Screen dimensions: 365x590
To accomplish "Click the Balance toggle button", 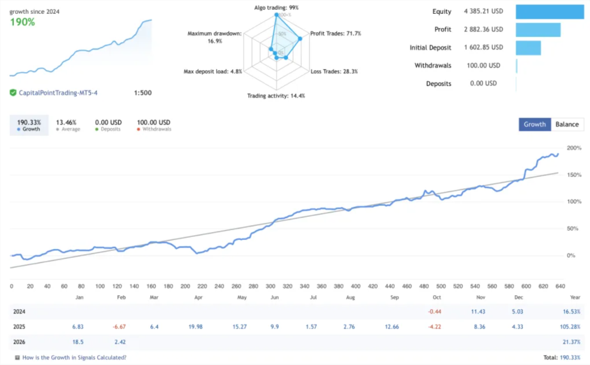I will tap(567, 125).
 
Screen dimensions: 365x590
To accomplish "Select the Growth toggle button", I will tap(535, 125).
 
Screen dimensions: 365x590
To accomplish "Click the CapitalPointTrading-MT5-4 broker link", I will tap(58, 92).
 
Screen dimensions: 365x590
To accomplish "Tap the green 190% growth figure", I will tap(22, 22).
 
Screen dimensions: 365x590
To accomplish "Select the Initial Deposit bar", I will tap(528, 48).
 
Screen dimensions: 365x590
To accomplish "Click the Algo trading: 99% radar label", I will tap(277, 7).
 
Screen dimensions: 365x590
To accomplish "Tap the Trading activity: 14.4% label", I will tap(276, 96).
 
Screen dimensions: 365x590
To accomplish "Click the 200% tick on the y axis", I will tap(574, 148).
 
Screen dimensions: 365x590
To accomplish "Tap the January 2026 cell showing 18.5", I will tap(78, 343).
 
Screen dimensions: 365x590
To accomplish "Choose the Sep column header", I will tap(394, 298).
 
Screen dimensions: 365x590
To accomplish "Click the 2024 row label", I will tap(19, 311).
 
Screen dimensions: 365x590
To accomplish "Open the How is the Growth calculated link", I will tap(74, 358).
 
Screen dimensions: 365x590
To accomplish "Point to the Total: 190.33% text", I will tap(562, 358).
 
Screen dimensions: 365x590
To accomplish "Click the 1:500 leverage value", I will tap(142, 92).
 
